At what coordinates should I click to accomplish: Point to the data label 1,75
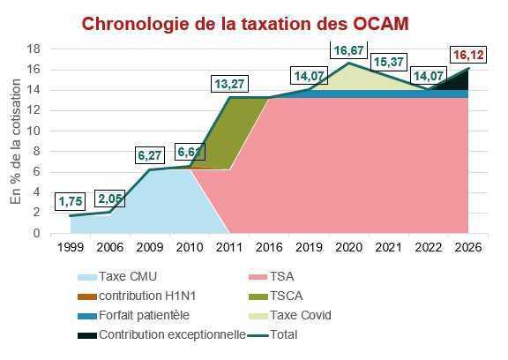coord(71,201)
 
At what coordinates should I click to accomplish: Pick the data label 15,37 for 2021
coord(389,63)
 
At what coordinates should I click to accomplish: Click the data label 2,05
coord(111,198)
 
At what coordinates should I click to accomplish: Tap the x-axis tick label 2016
coord(270,248)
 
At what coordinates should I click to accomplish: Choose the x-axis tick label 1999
coord(71,248)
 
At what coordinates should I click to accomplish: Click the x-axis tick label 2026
coord(468,248)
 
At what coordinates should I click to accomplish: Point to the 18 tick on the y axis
coord(34,49)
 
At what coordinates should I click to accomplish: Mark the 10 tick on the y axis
coord(34,131)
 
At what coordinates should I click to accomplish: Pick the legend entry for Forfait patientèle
coord(141,315)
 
